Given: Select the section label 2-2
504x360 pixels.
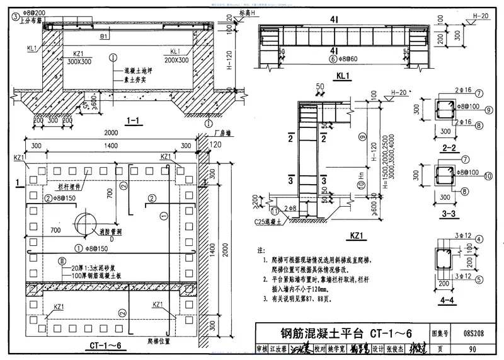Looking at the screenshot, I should click(449, 149).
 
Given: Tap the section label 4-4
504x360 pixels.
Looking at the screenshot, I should click(449, 293).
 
